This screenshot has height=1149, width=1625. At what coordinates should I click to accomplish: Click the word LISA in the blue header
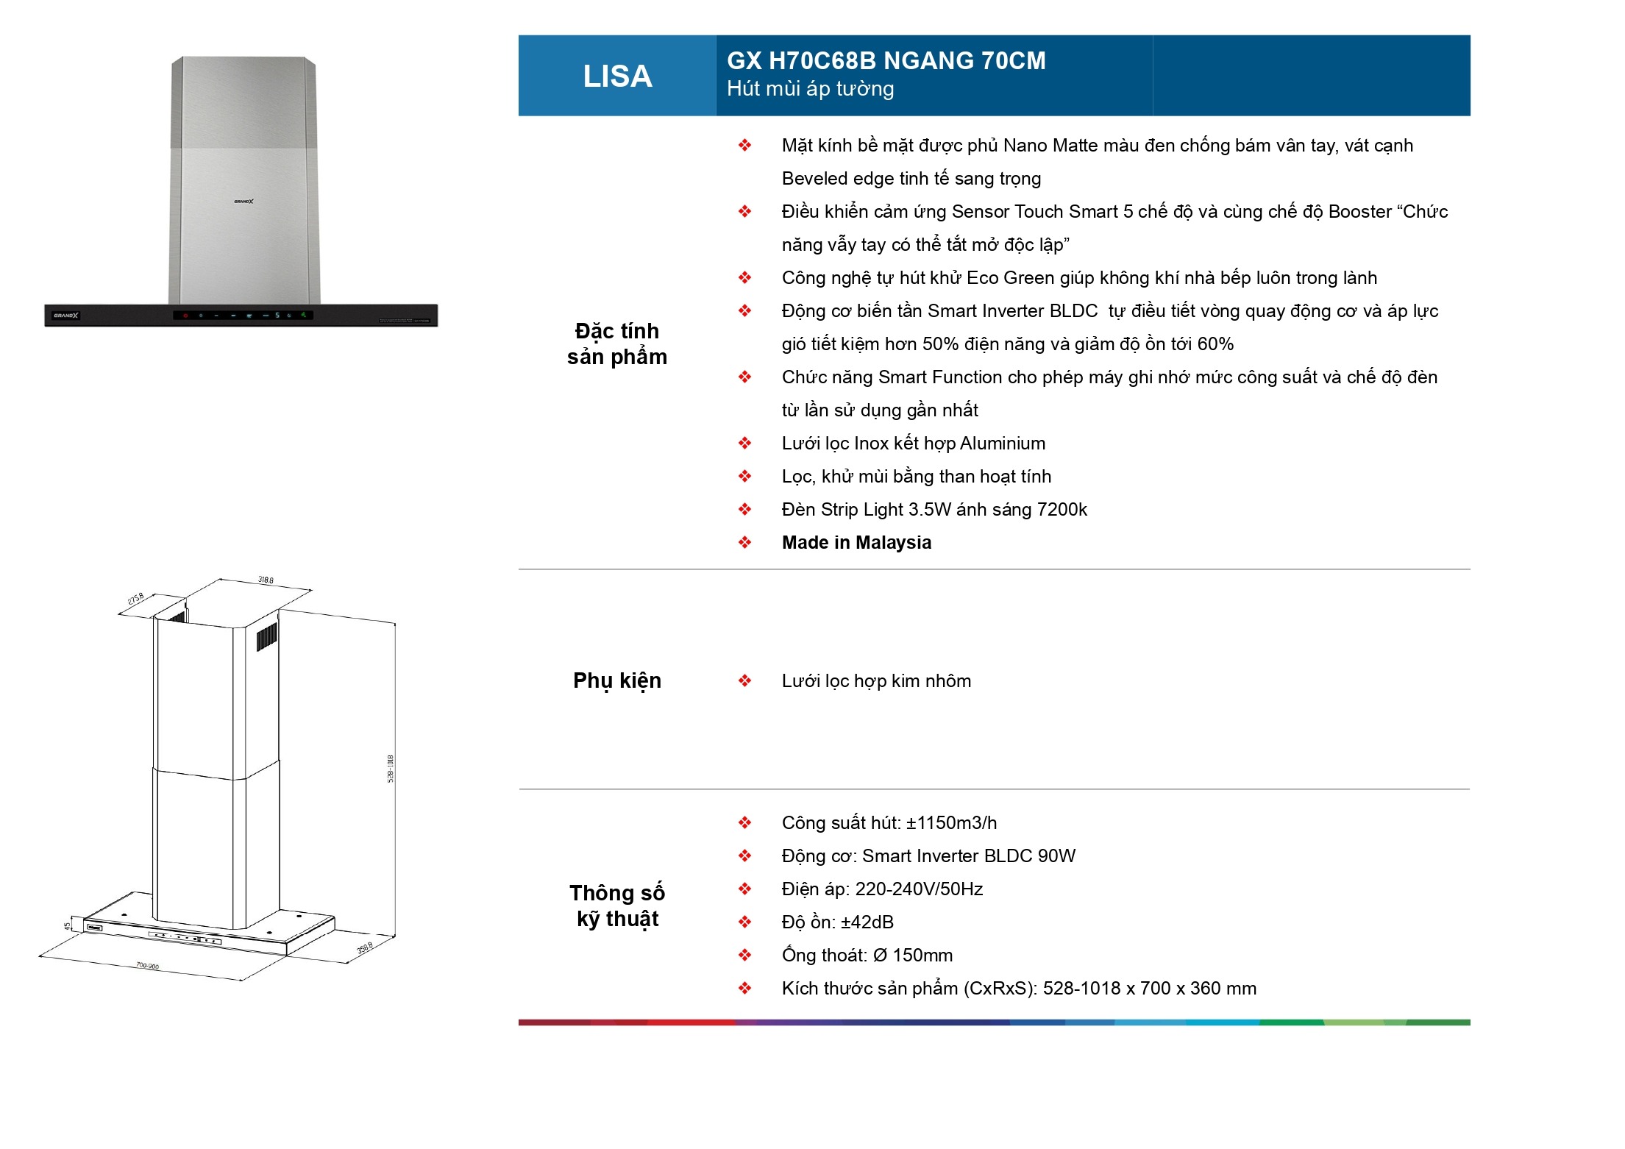(617, 77)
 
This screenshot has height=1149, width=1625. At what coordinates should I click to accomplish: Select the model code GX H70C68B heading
(886, 60)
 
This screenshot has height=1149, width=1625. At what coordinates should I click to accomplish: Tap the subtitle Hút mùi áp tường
(810, 89)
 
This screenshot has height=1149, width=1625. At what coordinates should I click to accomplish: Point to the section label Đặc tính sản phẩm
(616, 344)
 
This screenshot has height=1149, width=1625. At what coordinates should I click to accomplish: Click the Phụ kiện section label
(616, 680)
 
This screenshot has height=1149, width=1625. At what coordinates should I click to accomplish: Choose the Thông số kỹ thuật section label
(616, 906)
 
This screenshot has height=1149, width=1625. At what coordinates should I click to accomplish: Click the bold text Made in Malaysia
(856, 543)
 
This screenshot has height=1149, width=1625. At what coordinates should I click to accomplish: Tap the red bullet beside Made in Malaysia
(744, 543)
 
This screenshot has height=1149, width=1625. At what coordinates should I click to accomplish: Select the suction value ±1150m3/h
(951, 823)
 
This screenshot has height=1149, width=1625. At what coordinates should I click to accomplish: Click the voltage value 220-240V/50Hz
(919, 889)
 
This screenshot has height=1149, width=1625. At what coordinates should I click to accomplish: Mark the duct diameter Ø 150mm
(912, 956)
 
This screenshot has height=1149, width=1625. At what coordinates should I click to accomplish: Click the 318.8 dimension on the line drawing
(266, 580)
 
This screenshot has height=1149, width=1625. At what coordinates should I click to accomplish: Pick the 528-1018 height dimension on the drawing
(391, 769)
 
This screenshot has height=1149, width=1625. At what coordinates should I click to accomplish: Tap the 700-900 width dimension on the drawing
(147, 965)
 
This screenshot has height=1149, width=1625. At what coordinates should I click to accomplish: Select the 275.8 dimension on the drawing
(136, 599)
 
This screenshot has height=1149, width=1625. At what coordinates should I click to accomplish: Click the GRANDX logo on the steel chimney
(243, 201)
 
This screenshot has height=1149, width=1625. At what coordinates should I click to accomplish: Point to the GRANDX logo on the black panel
(65, 316)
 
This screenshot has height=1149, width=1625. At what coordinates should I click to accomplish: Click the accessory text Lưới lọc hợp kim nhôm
(876, 681)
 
